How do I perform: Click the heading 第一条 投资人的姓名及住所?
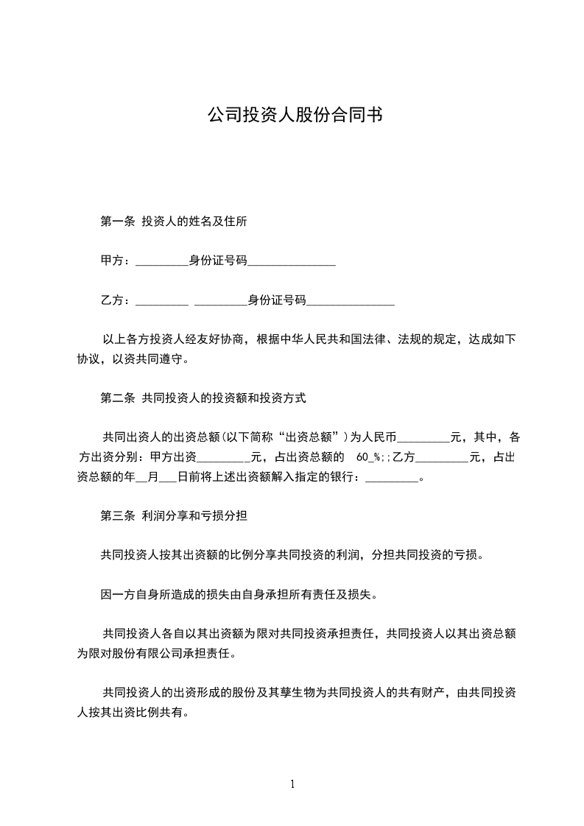coord(179,221)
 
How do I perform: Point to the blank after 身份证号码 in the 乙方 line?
coord(350,302)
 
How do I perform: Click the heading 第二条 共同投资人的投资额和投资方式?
coord(203,399)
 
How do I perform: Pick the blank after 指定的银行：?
coord(391,479)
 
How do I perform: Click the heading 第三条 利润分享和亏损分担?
coord(173,517)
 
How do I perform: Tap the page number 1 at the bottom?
coord(292,784)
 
